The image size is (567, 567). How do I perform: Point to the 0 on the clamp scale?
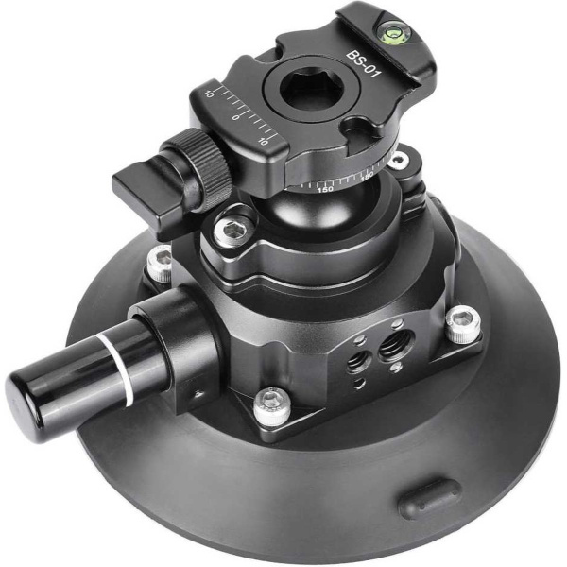point(235,116)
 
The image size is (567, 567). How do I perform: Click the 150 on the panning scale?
point(326,189)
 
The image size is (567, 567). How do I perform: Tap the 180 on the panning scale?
point(367,176)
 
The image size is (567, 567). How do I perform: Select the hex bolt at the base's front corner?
point(272,401)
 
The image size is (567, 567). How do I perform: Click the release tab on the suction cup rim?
point(430,497)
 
